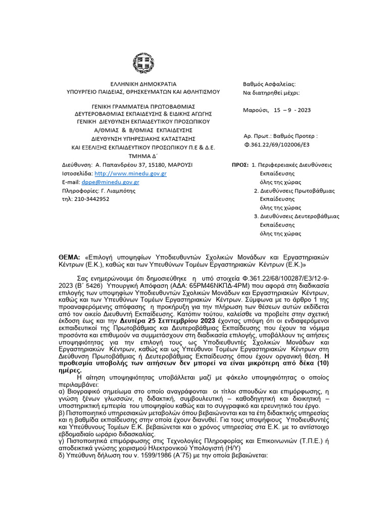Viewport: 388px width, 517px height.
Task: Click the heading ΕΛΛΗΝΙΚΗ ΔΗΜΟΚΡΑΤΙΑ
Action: (x=143, y=83)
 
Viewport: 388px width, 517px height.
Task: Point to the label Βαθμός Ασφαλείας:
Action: (x=269, y=84)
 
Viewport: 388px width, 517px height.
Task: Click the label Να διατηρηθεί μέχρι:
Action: (x=271, y=93)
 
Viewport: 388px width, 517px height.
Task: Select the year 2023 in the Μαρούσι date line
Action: (x=304, y=110)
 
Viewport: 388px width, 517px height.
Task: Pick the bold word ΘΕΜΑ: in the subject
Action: (x=70, y=257)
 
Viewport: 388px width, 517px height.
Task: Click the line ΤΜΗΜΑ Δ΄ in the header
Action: (x=143, y=156)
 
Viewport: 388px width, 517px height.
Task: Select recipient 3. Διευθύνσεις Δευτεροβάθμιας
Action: (x=296, y=216)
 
